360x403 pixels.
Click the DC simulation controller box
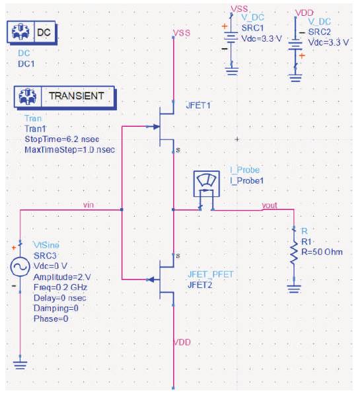pos(31,32)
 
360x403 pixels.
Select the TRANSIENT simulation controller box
pos(65,97)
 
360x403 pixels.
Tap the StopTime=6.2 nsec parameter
pos(62,139)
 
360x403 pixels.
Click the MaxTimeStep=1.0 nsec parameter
pos(69,149)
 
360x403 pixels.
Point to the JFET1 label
pos(198,106)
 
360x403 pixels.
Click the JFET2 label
pos(200,285)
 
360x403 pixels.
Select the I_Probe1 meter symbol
pos(207,184)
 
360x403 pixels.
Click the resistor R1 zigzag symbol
pos(294,254)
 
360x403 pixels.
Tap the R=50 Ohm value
pos(322,252)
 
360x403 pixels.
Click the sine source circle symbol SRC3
pos(20,266)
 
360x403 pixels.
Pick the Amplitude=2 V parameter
pos(62,277)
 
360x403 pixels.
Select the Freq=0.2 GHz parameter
pos(60,287)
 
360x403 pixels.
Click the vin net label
pos(89,205)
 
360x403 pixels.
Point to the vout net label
pos(270,205)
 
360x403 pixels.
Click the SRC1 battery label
pos(252,28)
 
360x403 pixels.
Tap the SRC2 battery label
pos(320,32)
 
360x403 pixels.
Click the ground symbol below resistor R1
pos(294,289)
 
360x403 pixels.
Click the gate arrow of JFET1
pos(155,126)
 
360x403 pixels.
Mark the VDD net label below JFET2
pos(182,342)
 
